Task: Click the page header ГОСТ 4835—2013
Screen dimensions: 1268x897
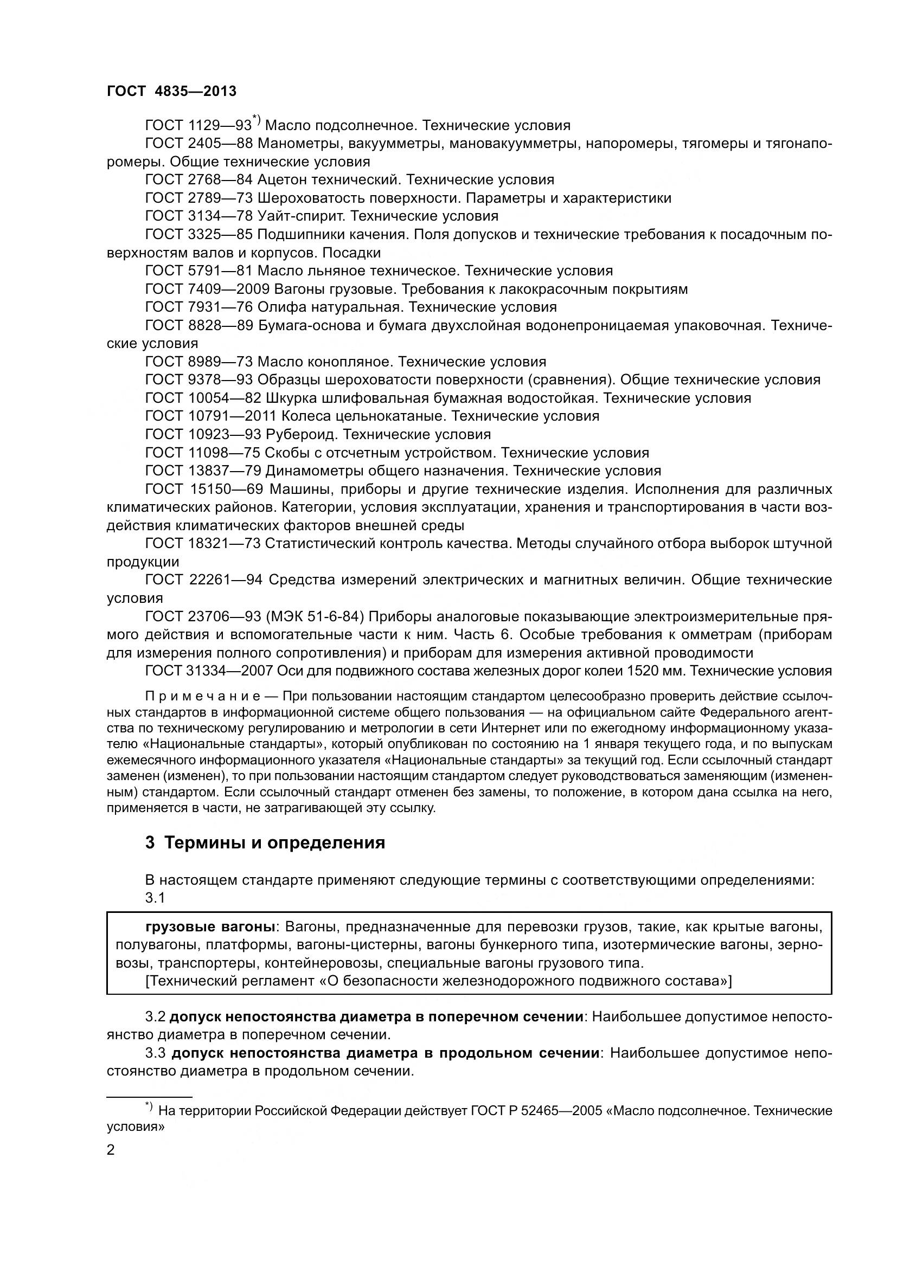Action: pos(171,91)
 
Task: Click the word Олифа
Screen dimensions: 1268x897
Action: pos(279,307)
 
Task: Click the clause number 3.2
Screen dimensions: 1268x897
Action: pos(155,1016)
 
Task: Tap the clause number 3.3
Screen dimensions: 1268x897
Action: pos(155,1053)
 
